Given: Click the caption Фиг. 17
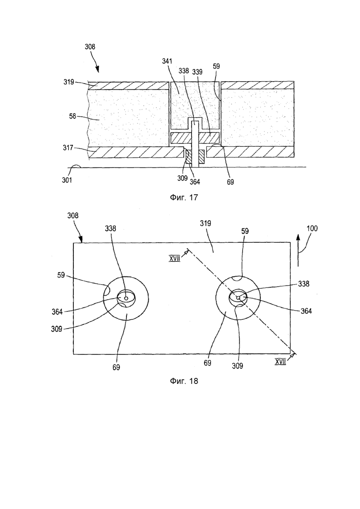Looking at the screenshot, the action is click(x=184, y=198).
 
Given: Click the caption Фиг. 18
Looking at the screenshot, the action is click(x=184, y=381).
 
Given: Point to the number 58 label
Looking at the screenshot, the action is click(x=73, y=116).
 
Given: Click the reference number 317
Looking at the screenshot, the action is click(x=68, y=148).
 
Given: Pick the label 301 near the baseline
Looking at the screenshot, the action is click(x=67, y=180).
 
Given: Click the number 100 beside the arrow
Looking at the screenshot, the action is click(x=312, y=228).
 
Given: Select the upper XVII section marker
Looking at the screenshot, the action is click(x=174, y=259).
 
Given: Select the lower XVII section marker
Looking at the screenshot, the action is click(x=280, y=362).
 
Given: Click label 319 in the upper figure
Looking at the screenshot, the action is click(x=69, y=82).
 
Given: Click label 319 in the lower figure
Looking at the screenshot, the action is click(x=205, y=224).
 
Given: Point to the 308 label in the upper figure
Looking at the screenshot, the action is click(x=90, y=47).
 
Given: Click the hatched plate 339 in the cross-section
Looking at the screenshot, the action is click(x=195, y=138).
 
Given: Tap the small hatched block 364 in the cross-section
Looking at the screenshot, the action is click(x=188, y=156).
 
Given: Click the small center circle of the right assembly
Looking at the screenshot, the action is click(x=238, y=297).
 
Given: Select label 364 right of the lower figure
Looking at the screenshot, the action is click(x=306, y=311).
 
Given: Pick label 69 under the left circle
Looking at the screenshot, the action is click(x=116, y=367).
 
